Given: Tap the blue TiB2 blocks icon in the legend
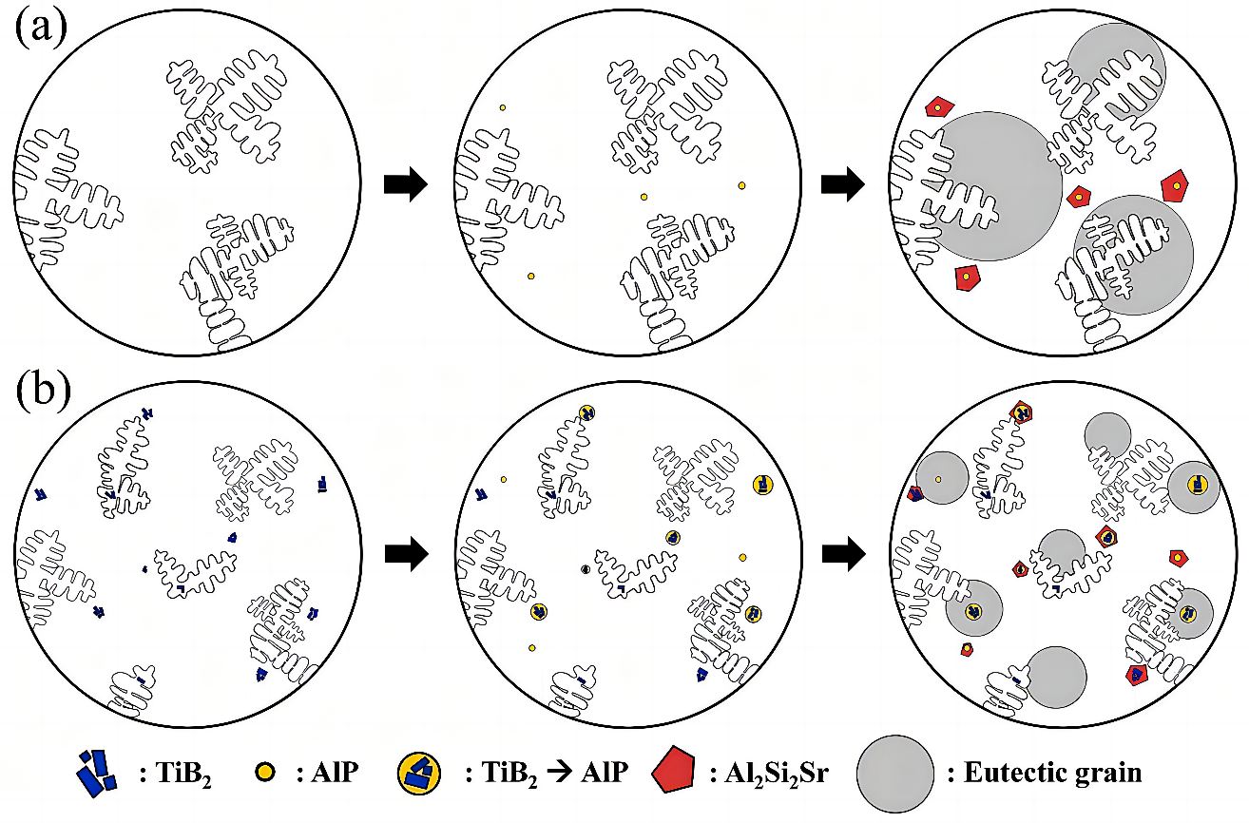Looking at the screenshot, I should (x=96, y=772).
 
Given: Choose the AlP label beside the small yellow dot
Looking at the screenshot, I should (x=334, y=773).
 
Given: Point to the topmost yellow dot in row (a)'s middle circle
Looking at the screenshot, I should (x=502, y=108).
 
